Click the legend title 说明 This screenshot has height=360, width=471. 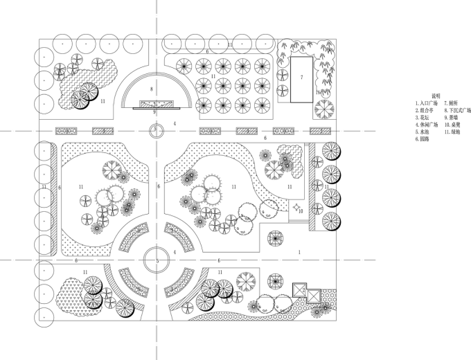click(x=436, y=95)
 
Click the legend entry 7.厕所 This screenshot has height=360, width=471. click(x=451, y=102)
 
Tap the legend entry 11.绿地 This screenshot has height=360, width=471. click(x=453, y=132)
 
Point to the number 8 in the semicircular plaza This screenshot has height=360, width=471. click(x=151, y=89)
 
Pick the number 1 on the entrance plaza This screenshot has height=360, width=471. click(x=299, y=252)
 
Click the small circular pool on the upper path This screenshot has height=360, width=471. click(x=157, y=129)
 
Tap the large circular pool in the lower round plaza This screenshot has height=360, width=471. click(x=157, y=260)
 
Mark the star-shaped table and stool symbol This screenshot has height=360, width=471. click(x=294, y=207)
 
